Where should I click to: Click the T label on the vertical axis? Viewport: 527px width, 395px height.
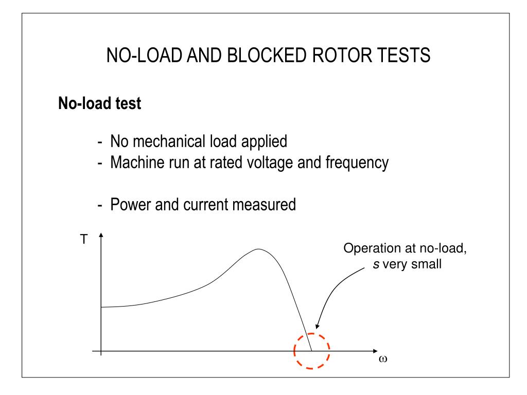coord(84,240)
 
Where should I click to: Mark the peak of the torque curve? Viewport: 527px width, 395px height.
coord(258,249)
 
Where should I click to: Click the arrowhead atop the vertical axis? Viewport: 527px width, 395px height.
coord(101,237)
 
